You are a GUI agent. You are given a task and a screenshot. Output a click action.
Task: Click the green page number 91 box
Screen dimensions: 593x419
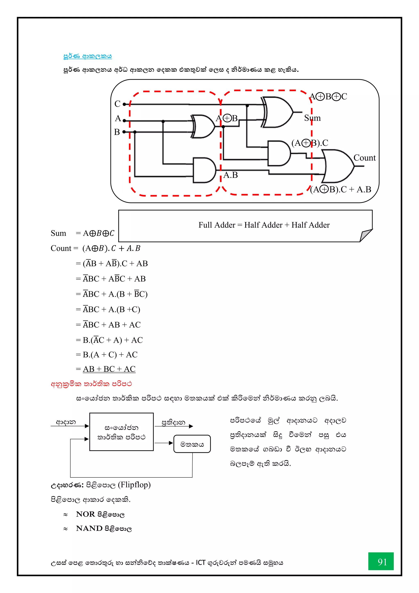click(381, 561)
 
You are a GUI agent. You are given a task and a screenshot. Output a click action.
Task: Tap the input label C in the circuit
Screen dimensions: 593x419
click(117, 104)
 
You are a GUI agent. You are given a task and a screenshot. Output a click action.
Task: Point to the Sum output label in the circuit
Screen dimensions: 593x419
click(312, 118)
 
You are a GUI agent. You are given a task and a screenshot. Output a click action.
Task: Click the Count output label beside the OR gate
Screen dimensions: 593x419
click(364, 158)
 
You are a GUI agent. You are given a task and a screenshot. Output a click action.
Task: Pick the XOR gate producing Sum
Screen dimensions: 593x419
click(277, 112)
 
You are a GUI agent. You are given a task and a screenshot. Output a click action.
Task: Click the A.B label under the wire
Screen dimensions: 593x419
click(230, 175)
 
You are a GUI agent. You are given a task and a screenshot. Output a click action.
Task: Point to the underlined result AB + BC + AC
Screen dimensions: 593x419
click(109, 369)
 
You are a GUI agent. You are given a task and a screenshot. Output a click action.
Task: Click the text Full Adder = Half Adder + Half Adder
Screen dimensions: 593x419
click(264, 225)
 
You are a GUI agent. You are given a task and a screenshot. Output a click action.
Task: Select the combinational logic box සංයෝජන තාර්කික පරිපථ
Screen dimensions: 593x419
click(122, 432)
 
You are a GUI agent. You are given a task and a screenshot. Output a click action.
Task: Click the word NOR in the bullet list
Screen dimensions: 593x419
click(85, 514)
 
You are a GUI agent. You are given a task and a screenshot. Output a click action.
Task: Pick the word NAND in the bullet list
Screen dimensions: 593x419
click(89, 528)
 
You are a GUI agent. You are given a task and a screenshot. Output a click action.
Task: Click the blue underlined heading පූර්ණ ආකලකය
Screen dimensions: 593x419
click(88, 56)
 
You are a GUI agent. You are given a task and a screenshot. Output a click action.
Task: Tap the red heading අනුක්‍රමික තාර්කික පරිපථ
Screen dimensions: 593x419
click(91, 384)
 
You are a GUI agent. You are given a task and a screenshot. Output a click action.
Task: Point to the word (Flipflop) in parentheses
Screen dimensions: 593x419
click(134, 485)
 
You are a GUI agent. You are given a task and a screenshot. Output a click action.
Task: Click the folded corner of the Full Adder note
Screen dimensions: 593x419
click(366, 235)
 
